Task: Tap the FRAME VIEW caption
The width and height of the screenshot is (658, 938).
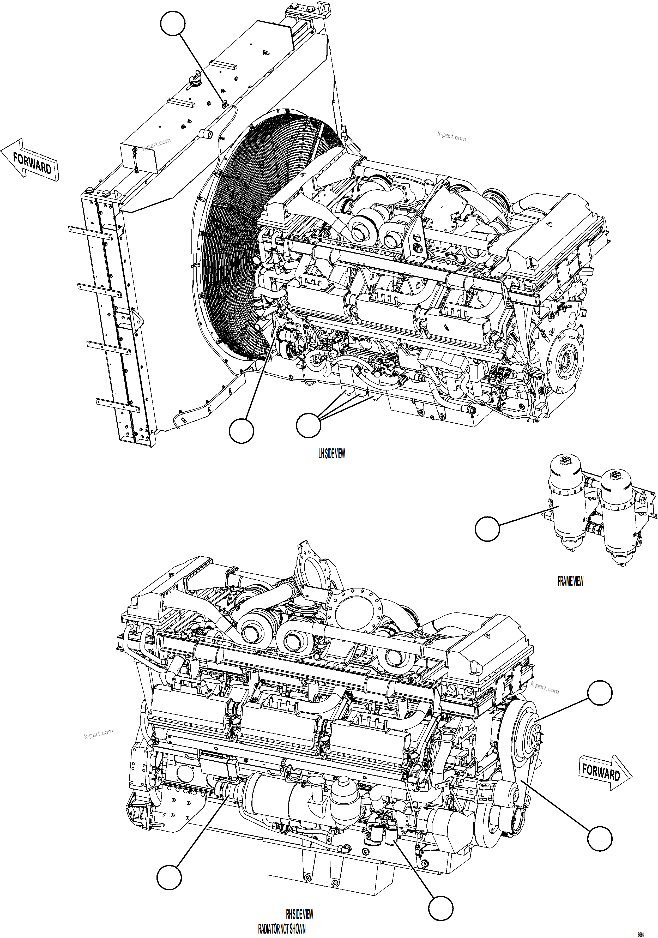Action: click(570, 581)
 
